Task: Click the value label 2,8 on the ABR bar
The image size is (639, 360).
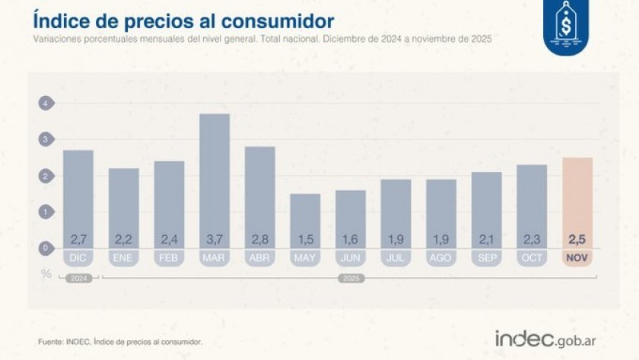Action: pyautogui.click(x=259, y=240)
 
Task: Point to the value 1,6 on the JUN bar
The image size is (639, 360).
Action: pyautogui.click(x=350, y=240)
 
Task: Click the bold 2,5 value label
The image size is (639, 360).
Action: pyautogui.click(x=577, y=240)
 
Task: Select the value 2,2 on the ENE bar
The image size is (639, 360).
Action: pyautogui.click(x=123, y=240)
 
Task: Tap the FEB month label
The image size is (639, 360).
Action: pyautogui.click(x=169, y=258)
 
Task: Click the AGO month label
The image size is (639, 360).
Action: pyautogui.click(x=440, y=258)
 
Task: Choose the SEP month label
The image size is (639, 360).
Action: pyautogui.click(x=486, y=258)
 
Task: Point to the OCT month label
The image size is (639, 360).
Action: pyautogui.click(x=532, y=258)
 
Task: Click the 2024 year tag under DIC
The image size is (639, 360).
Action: pyautogui.click(x=78, y=279)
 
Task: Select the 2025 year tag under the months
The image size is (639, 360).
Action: pyautogui.click(x=351, y=279)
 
